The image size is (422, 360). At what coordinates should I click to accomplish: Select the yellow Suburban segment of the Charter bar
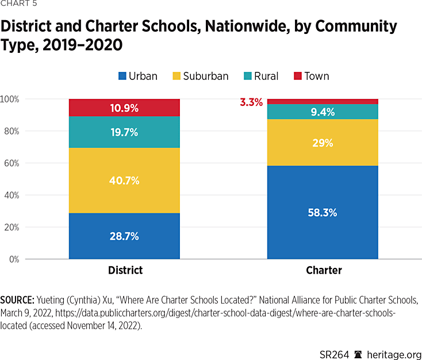323,142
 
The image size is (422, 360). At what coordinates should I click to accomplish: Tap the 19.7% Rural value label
124,132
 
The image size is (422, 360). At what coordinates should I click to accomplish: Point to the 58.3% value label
323,212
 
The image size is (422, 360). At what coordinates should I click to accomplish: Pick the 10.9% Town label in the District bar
124,108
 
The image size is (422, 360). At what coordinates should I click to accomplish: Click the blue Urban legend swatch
121,76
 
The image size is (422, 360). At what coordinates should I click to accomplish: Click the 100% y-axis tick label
10,99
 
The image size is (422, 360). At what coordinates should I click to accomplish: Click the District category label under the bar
125,270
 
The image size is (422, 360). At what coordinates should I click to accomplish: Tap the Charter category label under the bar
324,270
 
